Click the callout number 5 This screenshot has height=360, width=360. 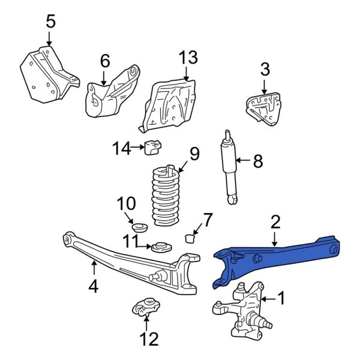(x=50, y=22)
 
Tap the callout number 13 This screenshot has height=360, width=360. (x=188, y=58)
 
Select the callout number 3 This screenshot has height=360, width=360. (x=265, y=70)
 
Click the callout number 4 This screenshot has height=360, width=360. (x=93, y=286)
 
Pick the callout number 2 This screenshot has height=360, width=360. (x=275, y=223)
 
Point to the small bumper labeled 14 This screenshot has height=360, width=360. (x=153, y=146)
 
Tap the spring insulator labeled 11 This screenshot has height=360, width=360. (x=160, y=247)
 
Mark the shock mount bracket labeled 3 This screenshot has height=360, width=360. (x=263, y=108)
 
